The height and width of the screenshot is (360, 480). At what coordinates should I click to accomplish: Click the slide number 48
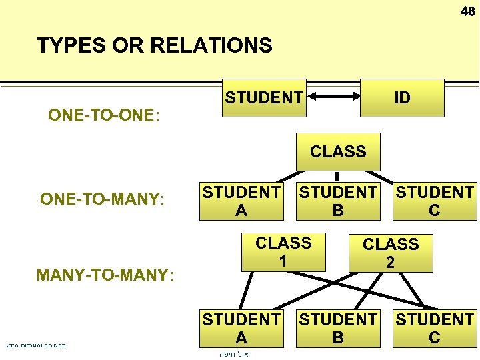tap(467, 11)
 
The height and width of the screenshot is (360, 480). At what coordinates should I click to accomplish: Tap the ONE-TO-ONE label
tap(104, 115)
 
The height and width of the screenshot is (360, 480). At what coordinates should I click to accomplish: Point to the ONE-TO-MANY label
tap(102, 199)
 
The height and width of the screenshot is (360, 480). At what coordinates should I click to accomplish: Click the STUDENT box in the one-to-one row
tap(263, 98)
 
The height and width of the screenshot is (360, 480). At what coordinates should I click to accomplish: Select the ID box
tap(402, 98)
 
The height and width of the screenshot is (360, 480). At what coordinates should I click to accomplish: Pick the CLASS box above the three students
tap(337, 151)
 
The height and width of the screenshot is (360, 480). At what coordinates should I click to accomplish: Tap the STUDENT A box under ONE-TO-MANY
tap(241, 201)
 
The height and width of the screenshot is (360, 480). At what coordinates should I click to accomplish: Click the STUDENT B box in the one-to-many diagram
tap(338, 201)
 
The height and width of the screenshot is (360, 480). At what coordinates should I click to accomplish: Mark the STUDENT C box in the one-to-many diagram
tap(435, 201)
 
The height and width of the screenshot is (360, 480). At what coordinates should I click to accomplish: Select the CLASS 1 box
tap(283, 251)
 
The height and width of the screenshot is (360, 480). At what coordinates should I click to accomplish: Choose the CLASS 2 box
tap(390, 253)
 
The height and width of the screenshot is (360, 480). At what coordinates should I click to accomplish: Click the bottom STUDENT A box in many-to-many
tap(241, 328)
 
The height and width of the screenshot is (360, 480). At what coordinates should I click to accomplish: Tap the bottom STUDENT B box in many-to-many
tap(338, 328)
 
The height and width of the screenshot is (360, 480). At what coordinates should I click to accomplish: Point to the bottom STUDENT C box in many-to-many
tap(435, 328)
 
